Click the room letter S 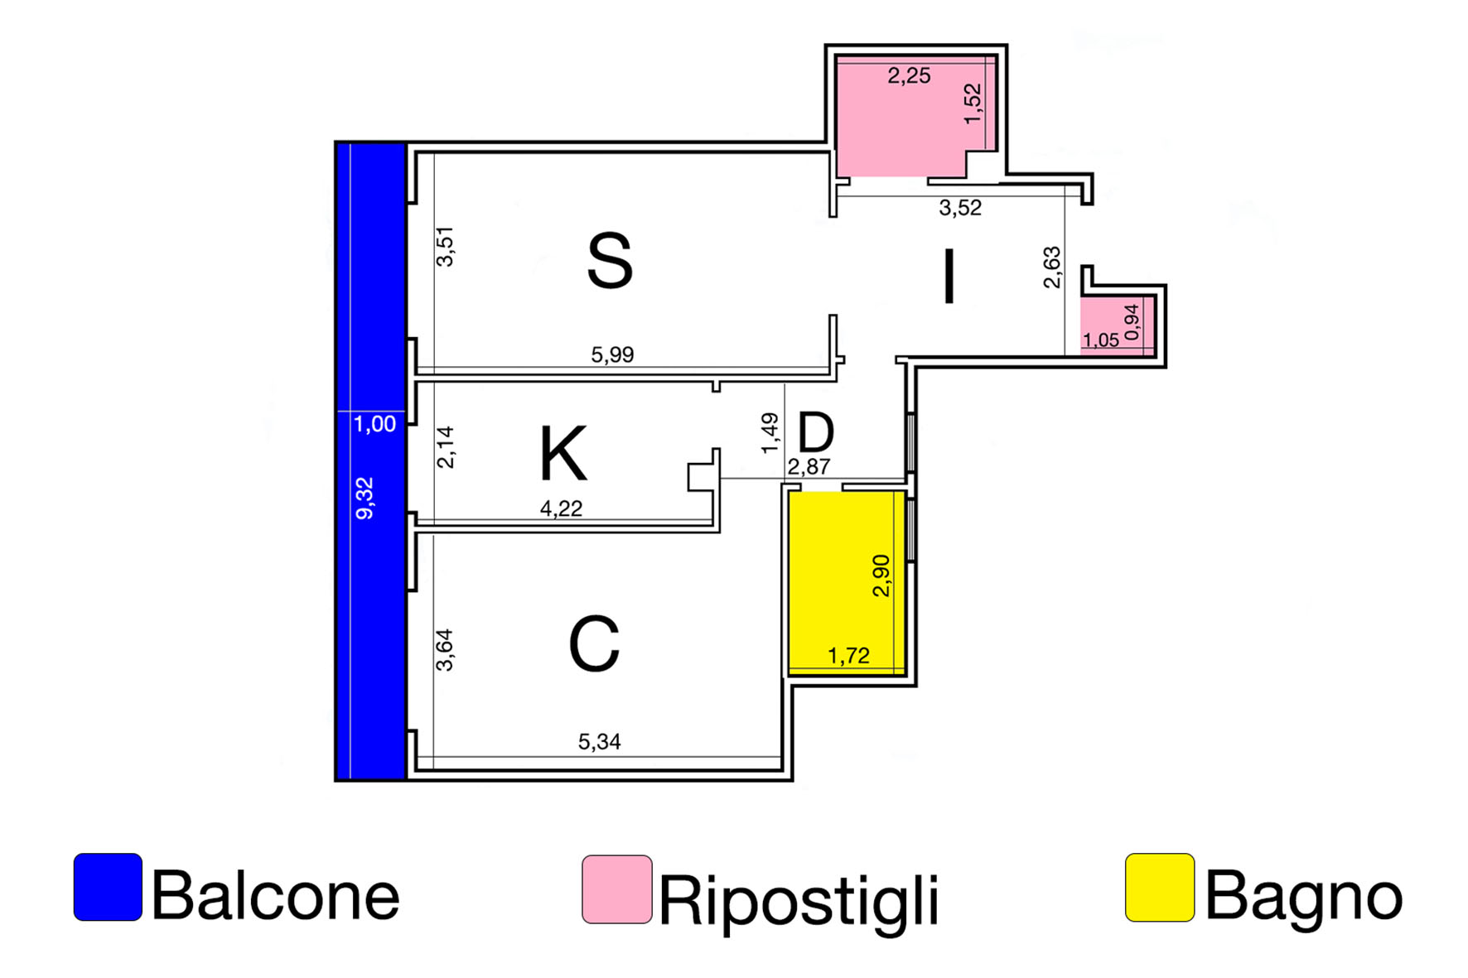610,262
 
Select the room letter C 594,644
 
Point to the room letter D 815,431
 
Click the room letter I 949,278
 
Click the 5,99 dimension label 612,354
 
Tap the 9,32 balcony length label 365,499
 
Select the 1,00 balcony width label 374,424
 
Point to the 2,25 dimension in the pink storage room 909,76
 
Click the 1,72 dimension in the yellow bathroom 848,656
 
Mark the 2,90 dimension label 881,576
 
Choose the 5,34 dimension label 599,741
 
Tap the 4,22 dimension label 561,508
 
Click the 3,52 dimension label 960,208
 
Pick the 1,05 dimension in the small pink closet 1100,340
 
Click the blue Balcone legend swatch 108,887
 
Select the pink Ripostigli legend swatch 616,889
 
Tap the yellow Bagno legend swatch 1159,888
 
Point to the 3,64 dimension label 445,650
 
